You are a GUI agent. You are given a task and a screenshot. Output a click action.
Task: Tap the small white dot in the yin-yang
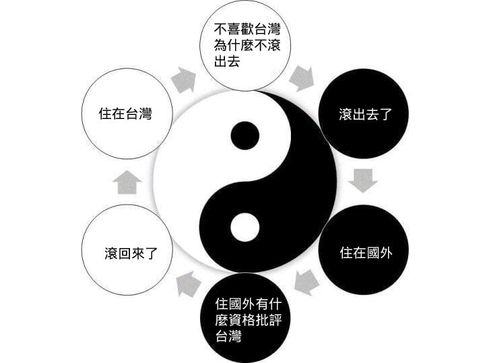coord(245,227)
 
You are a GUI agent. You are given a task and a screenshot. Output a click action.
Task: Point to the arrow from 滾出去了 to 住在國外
coord(364,180)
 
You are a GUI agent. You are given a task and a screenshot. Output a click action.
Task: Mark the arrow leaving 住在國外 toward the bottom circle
coord(306,281)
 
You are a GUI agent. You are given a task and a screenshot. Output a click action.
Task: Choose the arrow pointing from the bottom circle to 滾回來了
coord(188,283)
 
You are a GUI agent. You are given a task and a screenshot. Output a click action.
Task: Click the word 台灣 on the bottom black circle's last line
coord(228,335)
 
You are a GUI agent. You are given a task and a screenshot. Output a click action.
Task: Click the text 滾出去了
coord(364,114)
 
